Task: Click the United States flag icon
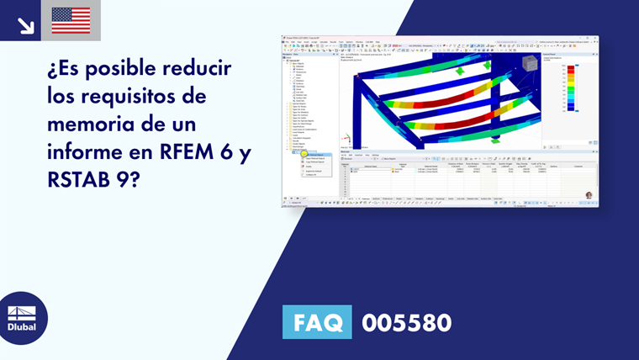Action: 71,20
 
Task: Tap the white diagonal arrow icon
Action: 26,24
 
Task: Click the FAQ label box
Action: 317,322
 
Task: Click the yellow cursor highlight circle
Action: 304,155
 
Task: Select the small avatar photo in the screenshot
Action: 589,195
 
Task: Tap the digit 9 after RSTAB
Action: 135,181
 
